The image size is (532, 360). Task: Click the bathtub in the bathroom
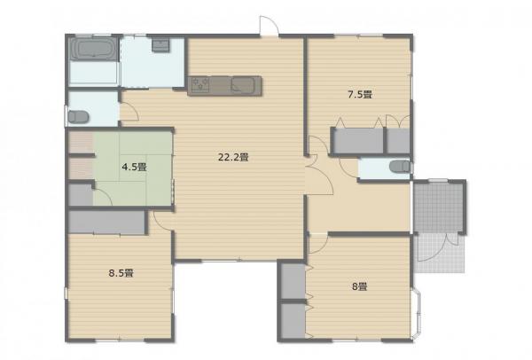[93, 49]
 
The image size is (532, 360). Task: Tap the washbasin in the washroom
[160, 45]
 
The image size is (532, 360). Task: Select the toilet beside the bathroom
[78, 117]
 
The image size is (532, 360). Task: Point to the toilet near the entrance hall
[400, 167]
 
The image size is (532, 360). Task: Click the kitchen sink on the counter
[243, 85]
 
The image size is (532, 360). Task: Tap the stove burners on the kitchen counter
[200, 84]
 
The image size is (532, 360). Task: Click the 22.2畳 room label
[233, 158]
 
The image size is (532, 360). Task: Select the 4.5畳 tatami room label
[135, 167]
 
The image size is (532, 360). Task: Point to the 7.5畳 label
[360, 95]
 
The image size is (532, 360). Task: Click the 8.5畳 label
[121, 273]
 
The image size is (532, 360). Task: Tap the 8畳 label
[360, 287]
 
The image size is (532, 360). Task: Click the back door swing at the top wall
[270, 25]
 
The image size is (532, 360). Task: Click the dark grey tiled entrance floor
[439, 207]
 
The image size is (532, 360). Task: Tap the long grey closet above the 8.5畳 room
[107, 223]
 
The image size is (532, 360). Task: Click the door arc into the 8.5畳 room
[162, 222]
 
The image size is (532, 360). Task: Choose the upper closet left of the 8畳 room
[293, 281]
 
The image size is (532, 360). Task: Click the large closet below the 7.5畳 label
[358, 141]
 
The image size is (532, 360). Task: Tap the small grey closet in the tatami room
[81, 195]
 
